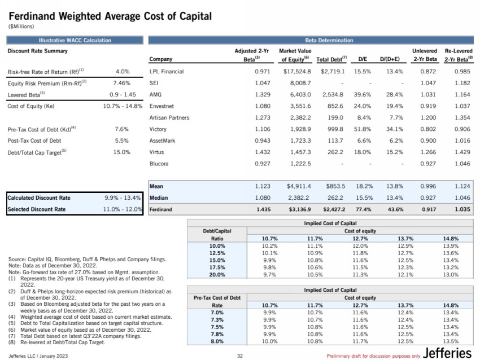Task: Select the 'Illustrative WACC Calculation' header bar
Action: tap(75, 41)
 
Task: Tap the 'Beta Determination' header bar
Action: tap(313, 41)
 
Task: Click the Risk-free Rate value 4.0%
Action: tap(123, 72)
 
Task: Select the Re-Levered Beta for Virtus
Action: tap(462, 152)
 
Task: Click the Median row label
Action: tap(160, 198)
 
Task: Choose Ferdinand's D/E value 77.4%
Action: tap(362, 210)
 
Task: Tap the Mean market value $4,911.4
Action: tap(295, 186)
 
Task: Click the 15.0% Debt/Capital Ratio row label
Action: tap(217, 260)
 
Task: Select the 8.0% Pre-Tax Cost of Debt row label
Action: tap(217, 341)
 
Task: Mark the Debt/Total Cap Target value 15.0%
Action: tap(123, 152)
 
